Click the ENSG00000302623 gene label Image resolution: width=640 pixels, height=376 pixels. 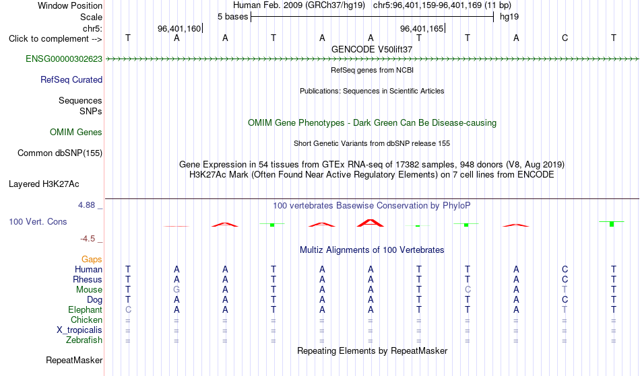pos(64,59)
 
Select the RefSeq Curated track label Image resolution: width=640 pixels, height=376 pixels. pos(71,79)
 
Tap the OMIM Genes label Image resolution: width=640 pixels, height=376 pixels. pos(75,132)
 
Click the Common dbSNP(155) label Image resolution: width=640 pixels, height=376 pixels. pos(59,153)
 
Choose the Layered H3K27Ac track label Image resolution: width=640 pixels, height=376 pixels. pos(44,184)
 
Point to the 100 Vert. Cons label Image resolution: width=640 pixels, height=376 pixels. pos(38,221)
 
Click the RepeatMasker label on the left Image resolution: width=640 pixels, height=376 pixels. pos(74,360)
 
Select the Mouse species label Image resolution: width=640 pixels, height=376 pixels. pos(89,290)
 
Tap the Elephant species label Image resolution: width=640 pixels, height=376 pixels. pos(85,309)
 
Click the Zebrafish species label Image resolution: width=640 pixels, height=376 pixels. pos(84,340)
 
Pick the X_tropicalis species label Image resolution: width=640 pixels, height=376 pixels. pos(79,330)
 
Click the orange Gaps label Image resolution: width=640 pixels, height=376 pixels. pos(92,259)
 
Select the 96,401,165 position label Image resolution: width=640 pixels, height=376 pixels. pos(422,28)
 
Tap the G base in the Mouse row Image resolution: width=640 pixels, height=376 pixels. pos(177,290)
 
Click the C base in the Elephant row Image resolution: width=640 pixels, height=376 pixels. pos(128,309)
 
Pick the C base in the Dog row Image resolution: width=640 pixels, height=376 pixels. pos(565,299)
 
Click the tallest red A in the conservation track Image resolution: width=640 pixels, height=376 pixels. pos(371,223)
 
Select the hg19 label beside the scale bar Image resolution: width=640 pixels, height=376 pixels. pos(509,17)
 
